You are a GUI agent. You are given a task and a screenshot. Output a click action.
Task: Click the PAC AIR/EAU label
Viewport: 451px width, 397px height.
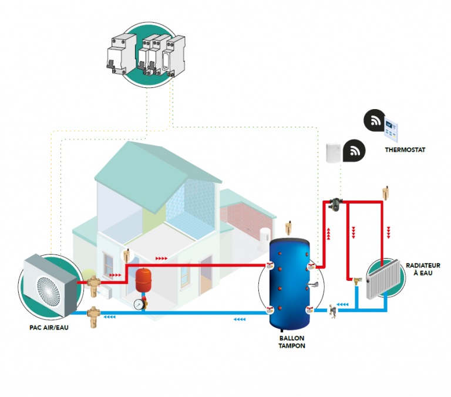pyautogui.click(x=49, y=327)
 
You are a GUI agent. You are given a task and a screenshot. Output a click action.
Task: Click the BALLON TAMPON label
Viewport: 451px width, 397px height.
pyautogui.click(x=292, y=342)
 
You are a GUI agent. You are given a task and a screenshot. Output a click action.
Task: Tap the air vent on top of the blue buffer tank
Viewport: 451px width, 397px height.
pyautogui.click(x=288, y=226)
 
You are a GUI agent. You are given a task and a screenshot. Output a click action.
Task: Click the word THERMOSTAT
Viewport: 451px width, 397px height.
pyautogui.click(x=405, y=150)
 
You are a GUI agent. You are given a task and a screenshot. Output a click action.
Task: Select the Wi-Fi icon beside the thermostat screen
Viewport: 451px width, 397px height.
pyautogui.click(x=374, y=121)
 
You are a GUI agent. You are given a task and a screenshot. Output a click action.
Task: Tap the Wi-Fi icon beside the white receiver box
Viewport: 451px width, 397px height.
pyautogui.click(x=354, y=151)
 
